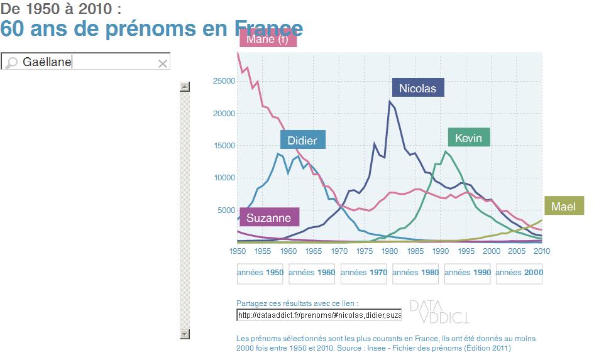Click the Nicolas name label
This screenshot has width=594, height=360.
417,88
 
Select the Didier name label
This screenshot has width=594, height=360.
302,140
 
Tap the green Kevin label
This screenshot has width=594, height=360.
469,138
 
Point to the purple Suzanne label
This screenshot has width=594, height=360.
268,217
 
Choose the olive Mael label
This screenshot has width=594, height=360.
563,206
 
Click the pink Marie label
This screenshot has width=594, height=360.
267,40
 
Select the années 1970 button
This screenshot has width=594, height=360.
364,273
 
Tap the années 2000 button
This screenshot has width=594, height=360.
519,273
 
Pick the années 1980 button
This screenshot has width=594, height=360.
415,273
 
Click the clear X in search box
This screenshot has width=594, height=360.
163,63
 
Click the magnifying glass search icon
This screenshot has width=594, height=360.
11,63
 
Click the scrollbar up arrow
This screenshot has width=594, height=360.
185,87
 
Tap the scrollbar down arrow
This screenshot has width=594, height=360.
185,334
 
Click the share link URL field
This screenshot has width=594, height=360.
319,315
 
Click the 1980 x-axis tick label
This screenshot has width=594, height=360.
390,251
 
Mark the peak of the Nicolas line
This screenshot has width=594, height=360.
390,101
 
